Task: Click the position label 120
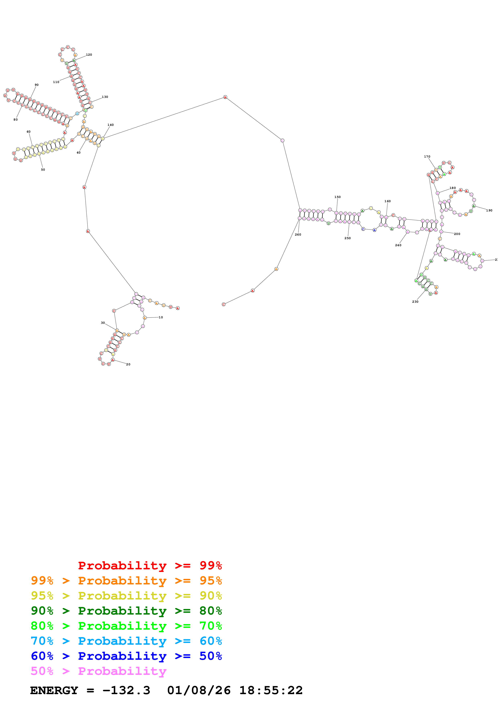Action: coord(89,55)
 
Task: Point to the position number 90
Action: coord(37,85)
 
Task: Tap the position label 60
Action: coord(29,132)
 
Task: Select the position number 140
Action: coord(110,125)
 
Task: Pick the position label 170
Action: coord(427,157)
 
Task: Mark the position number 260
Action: coord(298,235)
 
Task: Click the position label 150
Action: coord(337,197)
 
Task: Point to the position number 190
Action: coord(489,210)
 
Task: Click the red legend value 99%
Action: coord(211,565)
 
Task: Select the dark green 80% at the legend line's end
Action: coord(211,611)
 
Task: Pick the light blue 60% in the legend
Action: coord(211,641)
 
